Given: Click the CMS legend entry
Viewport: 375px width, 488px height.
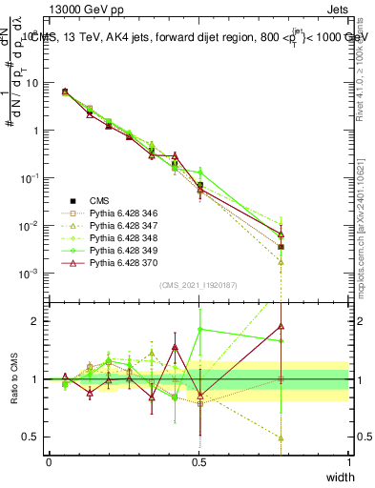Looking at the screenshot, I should point(99,200).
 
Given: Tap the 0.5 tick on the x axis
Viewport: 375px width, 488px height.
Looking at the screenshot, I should point(198,460).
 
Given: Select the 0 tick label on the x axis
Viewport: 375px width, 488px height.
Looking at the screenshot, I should point(49,460).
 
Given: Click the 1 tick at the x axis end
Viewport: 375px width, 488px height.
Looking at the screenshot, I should point(348,460).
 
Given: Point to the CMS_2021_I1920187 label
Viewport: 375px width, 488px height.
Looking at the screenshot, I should point(198,285).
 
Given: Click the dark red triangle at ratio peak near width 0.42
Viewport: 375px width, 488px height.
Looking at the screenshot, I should point(175,348).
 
